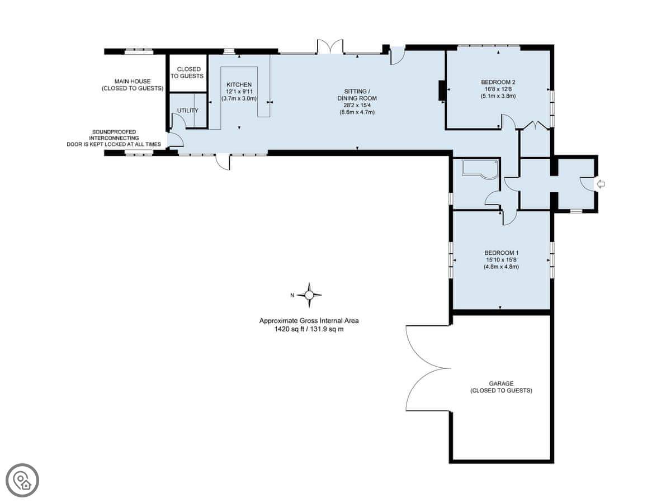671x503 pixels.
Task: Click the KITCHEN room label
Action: pos(239,84)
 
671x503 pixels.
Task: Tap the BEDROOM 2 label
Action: pos(498,82)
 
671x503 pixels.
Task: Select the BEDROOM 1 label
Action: pos(502,253)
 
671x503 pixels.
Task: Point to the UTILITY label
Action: pos(188,110)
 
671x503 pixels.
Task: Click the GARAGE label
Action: pos(501,383)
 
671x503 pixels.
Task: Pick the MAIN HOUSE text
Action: pos(133,81)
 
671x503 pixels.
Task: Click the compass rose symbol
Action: pos(309,295)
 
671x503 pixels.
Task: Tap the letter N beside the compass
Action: pos(292,295)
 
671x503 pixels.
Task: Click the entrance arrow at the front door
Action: pos(601,184)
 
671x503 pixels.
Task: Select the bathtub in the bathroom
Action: pos(480,169)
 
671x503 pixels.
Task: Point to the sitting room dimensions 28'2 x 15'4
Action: pos(357,106)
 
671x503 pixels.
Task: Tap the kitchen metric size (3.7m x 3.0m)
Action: pos(239,98)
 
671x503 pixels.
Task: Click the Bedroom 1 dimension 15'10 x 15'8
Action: pos(502,260)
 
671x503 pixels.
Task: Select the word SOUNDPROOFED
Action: pos(114,132)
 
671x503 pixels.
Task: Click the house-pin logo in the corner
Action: pos(22,481)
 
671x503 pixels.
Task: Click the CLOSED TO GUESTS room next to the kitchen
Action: pos(188,73)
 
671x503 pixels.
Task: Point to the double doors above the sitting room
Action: pos(330,47)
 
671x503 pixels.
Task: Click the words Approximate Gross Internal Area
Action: pos(309,321)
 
